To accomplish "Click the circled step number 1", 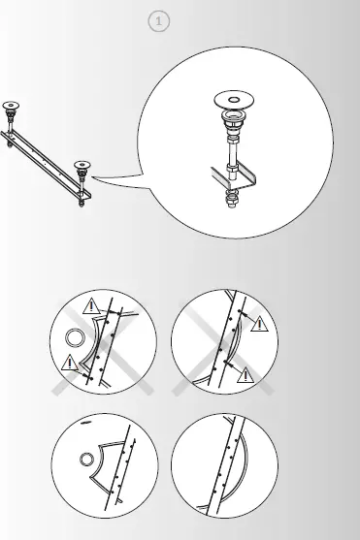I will [159, 20].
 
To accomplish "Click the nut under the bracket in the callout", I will [233, 202].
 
